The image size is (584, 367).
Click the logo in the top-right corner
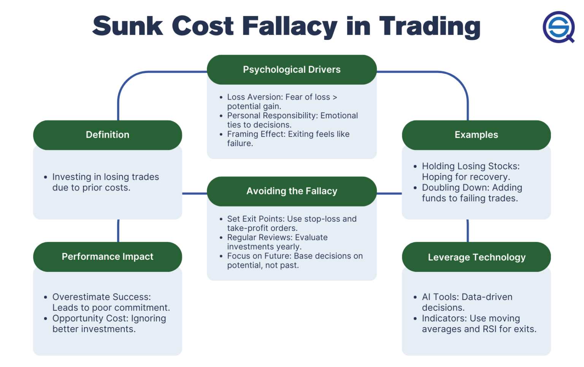tap(558, 27)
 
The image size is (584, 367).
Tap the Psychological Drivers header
tap(292, 70)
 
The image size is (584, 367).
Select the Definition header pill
tap(108, 135)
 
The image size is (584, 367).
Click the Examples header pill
tap(476, 135)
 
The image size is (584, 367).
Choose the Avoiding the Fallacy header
tap(292, 191)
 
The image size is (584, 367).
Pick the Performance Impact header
tap(108, 257)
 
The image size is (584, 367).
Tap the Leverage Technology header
tap(476, 257)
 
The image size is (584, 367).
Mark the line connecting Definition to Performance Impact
tap(118, 230)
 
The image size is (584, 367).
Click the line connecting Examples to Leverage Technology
tap(468, 230)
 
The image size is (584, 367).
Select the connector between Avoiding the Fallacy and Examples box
tap(389, 194)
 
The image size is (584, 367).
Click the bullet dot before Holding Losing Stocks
tap(415, 167)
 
